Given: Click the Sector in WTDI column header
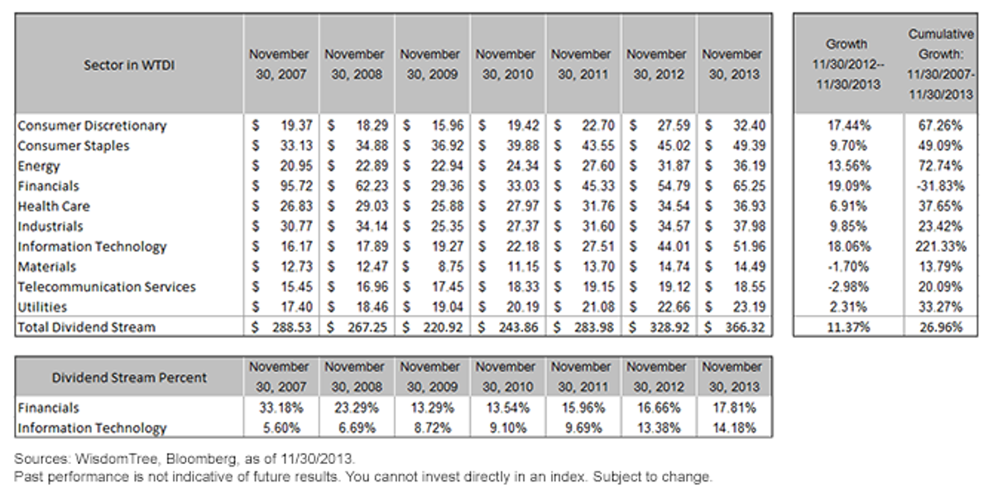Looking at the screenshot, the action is [129, 65].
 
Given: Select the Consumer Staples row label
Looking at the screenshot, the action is [74, 146].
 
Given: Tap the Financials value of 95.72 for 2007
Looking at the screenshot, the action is [296, 186].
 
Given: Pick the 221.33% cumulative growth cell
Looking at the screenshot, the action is [941, 246].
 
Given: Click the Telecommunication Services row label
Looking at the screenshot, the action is [107, 287].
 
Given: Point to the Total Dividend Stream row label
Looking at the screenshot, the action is [86, 327].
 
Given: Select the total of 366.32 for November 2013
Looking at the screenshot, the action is [745, 327].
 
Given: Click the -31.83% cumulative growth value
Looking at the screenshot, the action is [941, 186].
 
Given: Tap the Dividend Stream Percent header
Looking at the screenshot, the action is [129, 378].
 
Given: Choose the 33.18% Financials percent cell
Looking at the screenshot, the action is [281, 408].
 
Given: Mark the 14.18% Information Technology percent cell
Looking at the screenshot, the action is [734, 428].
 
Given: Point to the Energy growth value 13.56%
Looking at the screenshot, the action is [849, 166].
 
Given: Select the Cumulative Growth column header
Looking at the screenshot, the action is [941, 64].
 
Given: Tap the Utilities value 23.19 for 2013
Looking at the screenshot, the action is [749, 307].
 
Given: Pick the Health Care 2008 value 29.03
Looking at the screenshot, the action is [372, 205].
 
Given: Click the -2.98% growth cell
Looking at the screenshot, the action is [848, 287].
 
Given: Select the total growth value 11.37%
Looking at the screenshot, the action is [848, 327].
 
